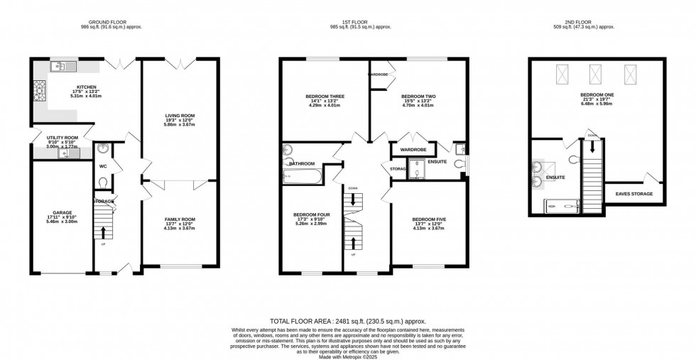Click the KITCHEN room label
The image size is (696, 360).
[x=87, y=87]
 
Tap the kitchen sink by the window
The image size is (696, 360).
[x=60, y=67]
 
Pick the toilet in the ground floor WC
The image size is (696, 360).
[x=104, y=182]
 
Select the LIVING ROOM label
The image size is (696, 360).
[x=180, y=115]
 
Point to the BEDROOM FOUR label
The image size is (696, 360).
[x=312, y=214]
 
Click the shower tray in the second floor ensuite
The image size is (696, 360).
[x=567, y=207]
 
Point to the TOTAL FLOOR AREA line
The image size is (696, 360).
[x=348, y=322]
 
